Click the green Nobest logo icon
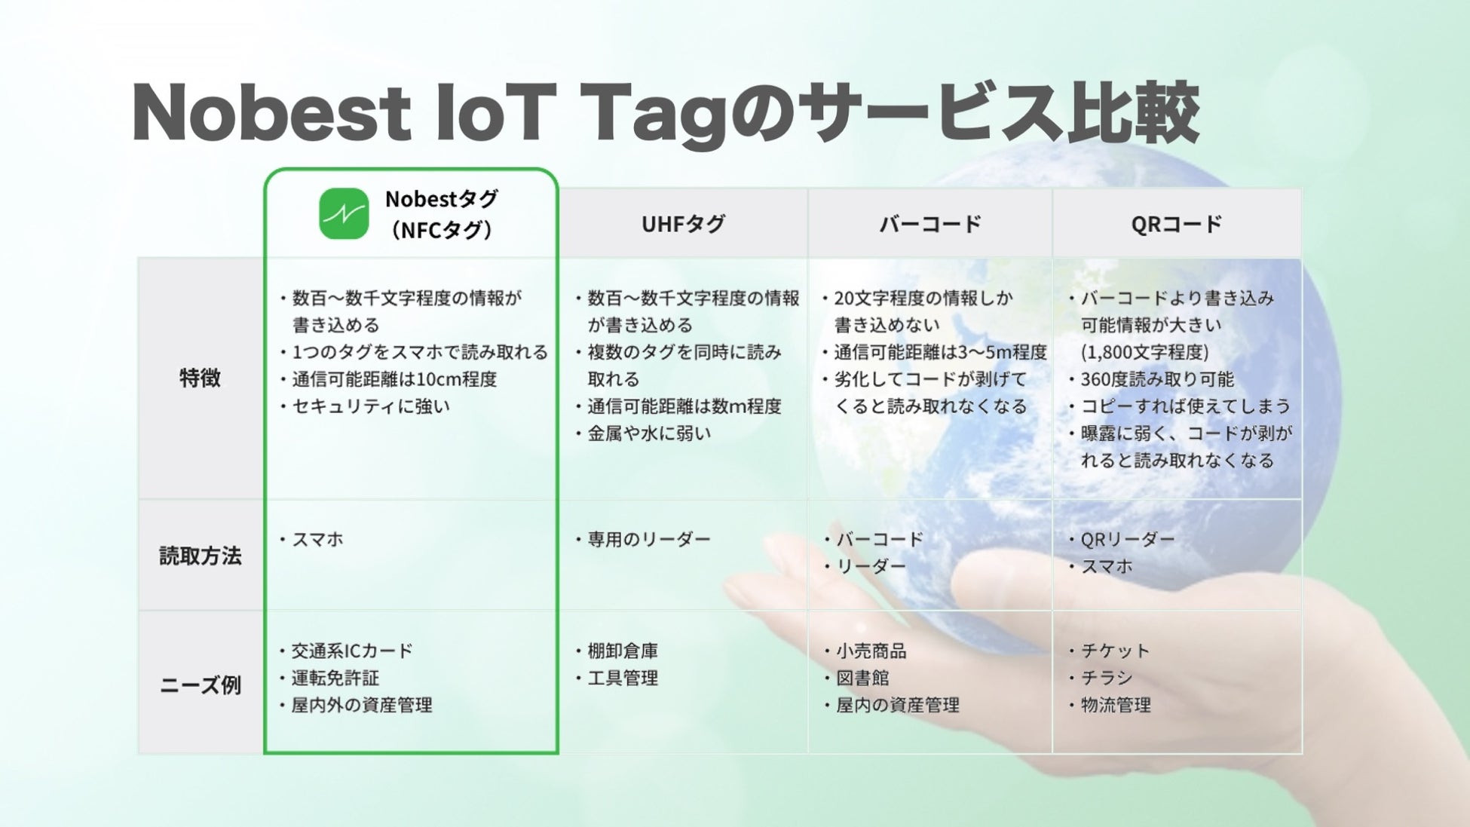(x=344, y=213)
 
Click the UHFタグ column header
(x=683, y=224)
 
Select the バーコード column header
(x=930, y=224)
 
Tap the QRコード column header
(x=1177, y=224)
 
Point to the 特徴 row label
(x=201, y=378)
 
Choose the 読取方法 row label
(x=201, y=556)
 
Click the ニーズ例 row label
(x=201, y=685)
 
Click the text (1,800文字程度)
(x=1145, y=352)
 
